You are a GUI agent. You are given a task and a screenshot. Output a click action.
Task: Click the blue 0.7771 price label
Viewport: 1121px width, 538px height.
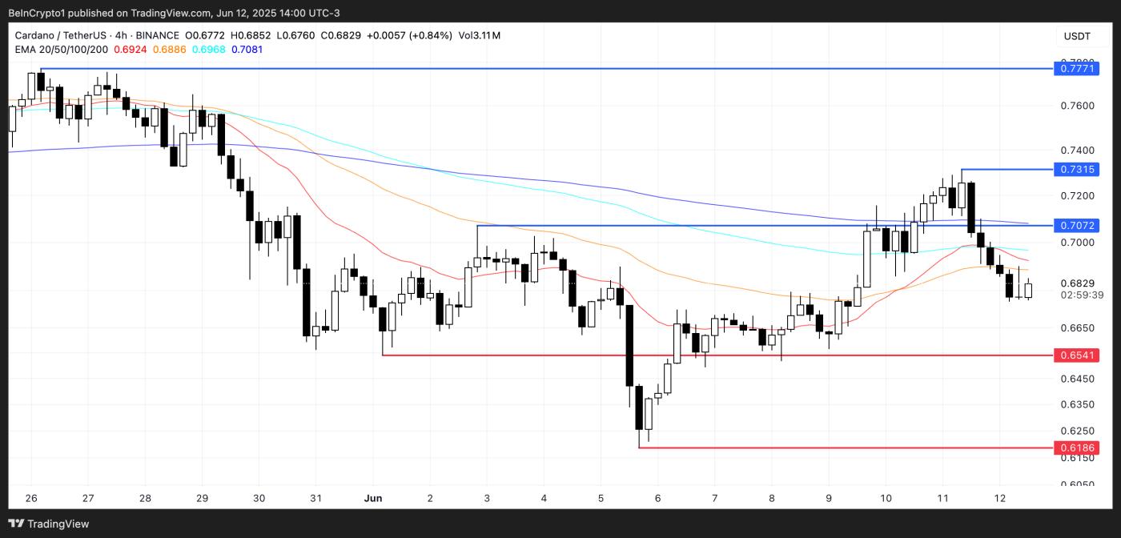point(1077,69)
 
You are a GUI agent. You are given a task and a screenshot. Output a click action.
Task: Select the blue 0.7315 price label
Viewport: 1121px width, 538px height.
point(1077,169)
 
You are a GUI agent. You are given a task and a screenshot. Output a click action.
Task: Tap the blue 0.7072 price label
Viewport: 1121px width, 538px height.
point(1077,226)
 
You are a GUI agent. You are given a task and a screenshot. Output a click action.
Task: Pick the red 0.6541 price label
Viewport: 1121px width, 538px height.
point(1077,355)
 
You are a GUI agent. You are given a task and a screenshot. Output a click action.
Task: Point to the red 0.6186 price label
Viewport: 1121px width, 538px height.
point(1077,448)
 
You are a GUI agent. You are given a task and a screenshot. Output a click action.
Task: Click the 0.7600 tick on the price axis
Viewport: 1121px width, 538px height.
point(1077,106)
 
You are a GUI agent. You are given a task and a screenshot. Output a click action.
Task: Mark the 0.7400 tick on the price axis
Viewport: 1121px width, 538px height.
point(1077,151)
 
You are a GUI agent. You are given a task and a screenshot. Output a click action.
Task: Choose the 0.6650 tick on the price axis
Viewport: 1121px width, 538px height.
point(1077,328)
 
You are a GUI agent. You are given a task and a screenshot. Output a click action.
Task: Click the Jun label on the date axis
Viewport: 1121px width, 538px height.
point(372,498)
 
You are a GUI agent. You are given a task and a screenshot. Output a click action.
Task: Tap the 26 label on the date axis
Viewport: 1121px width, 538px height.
point(31,498)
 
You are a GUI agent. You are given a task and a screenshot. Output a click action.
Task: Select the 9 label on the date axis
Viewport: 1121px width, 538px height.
point(829,498)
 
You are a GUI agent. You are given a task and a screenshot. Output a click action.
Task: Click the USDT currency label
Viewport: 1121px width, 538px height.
point(1077,36)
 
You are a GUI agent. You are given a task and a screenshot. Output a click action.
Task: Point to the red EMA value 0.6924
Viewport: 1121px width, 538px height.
point(131,50)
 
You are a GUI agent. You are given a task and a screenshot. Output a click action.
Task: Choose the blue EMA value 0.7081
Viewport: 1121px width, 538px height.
point(247,50)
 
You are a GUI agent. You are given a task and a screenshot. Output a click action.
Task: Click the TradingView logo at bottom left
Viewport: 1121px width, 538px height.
point(50,524)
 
